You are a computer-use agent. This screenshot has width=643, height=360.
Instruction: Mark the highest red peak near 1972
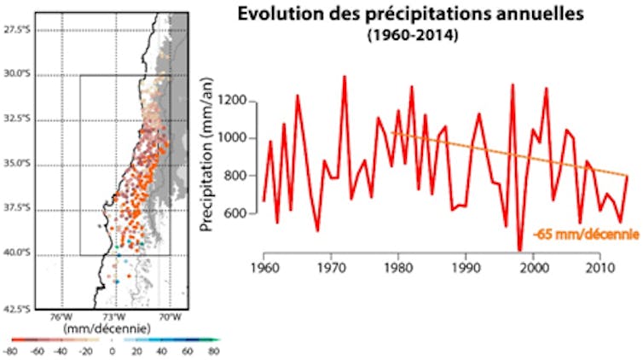coord(345,77)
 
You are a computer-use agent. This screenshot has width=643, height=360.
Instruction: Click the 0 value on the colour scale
coord(112,351)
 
